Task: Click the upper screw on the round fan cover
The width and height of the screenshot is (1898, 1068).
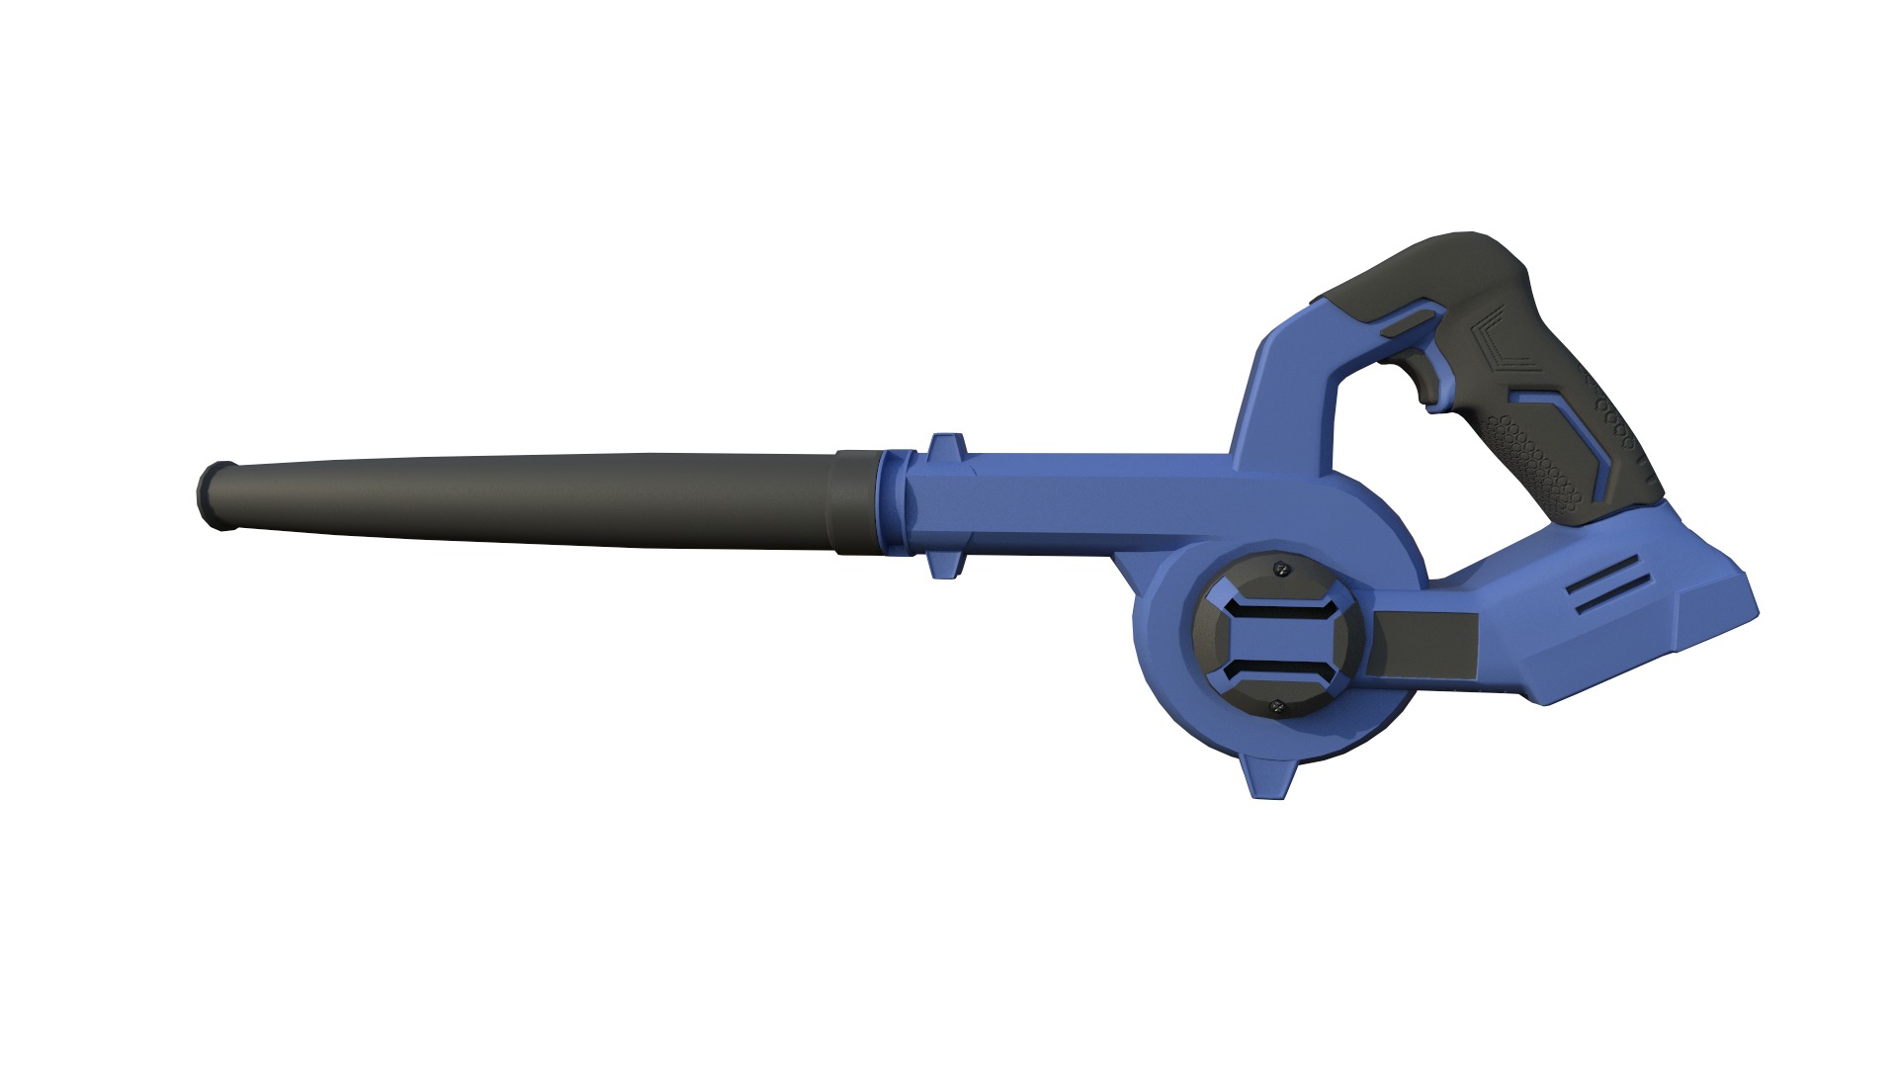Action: pos(1282,569)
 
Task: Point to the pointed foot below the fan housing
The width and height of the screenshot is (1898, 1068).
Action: pos(1269,776)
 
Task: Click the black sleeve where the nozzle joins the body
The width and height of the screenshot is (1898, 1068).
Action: pos(856,502)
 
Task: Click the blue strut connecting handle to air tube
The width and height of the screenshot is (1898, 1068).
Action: pos(1275,396)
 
